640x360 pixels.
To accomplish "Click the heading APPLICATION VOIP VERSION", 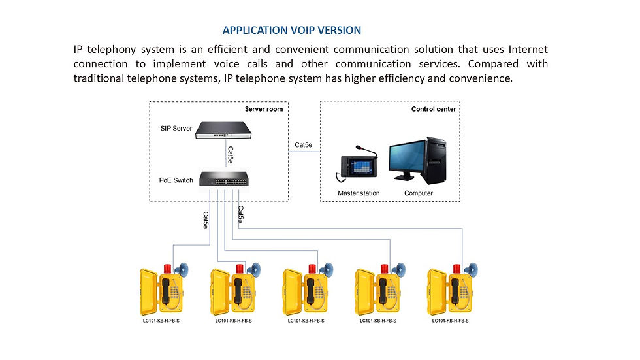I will tap(291, 31).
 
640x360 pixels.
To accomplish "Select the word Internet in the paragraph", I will tap(528, 50).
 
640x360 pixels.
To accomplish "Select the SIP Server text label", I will tap(176, 128).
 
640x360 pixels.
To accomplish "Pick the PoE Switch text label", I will tap(176, 180).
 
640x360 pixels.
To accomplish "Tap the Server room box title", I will tap(264, 109).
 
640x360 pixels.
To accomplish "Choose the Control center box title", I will tap(434, 109).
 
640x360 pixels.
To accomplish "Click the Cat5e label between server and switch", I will tap(230, 154).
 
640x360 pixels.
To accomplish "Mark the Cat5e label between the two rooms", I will tap(303, 145).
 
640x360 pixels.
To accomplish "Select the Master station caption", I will tap(359, 193).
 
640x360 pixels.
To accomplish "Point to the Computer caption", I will tap(419, 193).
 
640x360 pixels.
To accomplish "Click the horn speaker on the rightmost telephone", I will tap(471, 269).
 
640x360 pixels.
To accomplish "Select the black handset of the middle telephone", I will tap(311, 291).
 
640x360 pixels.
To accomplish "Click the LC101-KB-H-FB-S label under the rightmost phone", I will tap(449, 321).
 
